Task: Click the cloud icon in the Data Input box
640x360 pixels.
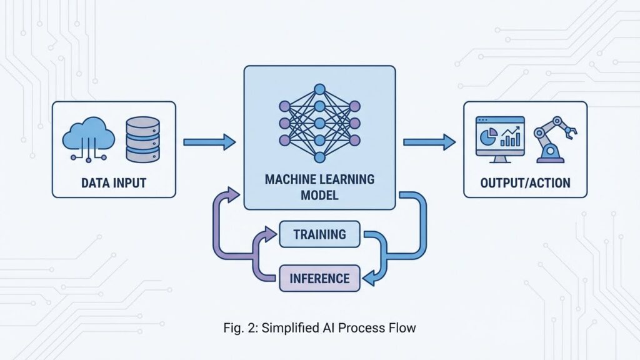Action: (88, 137)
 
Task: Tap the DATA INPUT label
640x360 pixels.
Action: (114, 182)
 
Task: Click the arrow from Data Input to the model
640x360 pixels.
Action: (209, 142)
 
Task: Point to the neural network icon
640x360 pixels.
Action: (319, 122)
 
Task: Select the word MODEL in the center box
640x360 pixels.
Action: (319, 195)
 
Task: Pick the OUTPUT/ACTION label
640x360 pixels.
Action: (525, 183)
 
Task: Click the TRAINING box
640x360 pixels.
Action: (319, 234)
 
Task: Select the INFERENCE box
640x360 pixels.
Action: (319, 277)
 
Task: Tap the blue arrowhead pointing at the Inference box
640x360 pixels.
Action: (369, 278)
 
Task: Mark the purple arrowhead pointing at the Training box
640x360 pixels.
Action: (270, 234)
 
